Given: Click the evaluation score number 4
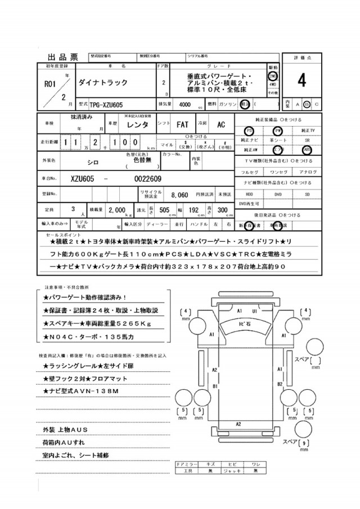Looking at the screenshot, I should click(x=302, y=82).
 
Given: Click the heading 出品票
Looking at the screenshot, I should click(x=62, y=57).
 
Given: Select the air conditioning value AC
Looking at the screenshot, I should click(x=221, y=124).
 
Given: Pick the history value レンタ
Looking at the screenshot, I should click(x=138, y=124).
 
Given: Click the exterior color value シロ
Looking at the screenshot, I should click(x=85, y=160).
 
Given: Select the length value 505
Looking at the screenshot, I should click(x=165, y=210).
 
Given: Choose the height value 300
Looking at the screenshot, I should click(x=222, y=210).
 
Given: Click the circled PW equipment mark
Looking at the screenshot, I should click(x=277, y=130).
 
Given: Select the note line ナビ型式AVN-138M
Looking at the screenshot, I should click(x=81, y=390).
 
